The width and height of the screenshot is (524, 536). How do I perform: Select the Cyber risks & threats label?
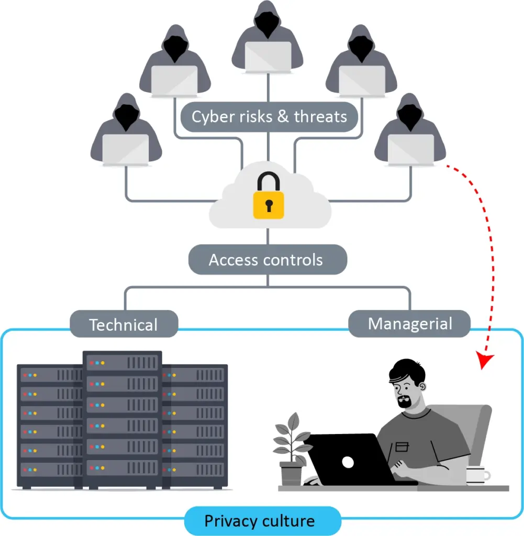(269, 116)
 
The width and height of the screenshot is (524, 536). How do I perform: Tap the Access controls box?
(267, 260)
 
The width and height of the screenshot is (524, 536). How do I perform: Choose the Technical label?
(124, 325)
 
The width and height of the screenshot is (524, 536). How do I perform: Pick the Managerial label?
(409, 323)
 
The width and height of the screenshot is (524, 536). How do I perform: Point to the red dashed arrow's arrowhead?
(485, 362)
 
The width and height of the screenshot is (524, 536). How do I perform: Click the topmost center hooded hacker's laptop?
(268, 55)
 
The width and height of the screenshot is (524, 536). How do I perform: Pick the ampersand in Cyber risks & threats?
(283, 116)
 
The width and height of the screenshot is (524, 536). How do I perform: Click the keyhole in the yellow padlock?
(269, 206)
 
